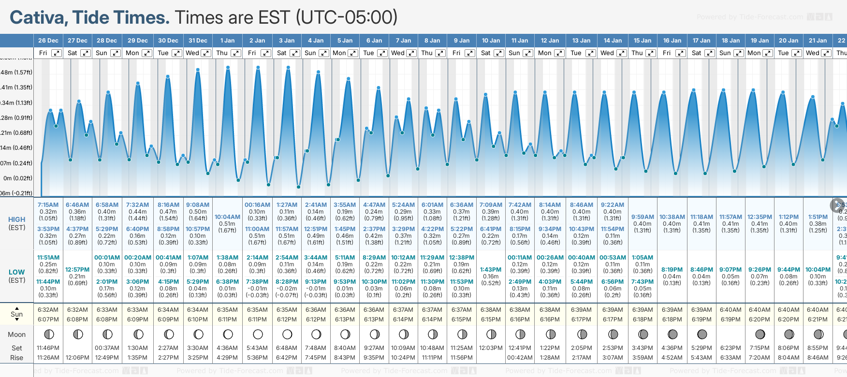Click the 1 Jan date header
[227, 41]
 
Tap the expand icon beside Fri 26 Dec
[57, 53]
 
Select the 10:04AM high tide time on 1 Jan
[227, 217]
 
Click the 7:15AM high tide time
[48, 205]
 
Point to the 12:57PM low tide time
[77, 270]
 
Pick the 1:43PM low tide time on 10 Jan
[491, 270]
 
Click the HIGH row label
[17, 219]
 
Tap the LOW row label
[17, 272]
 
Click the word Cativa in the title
[39, 18]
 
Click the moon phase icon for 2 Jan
[258, 334]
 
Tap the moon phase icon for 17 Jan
[702, 334]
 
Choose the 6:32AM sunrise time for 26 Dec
[48, 310]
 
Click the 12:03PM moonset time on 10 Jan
[491, 348]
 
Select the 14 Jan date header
[613, 41]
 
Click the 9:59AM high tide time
[643, 217]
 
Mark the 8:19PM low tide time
[672, 270]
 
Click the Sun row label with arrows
[17, 314]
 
